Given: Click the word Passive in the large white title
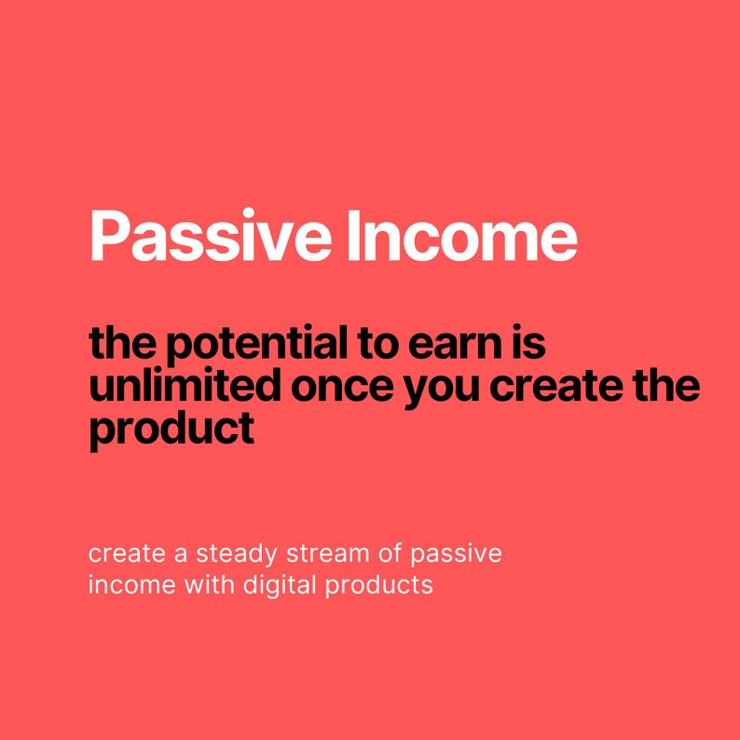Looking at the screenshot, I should pos(210,236).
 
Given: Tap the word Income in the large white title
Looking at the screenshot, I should pos(461,236).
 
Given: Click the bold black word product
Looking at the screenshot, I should pos(171,429).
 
